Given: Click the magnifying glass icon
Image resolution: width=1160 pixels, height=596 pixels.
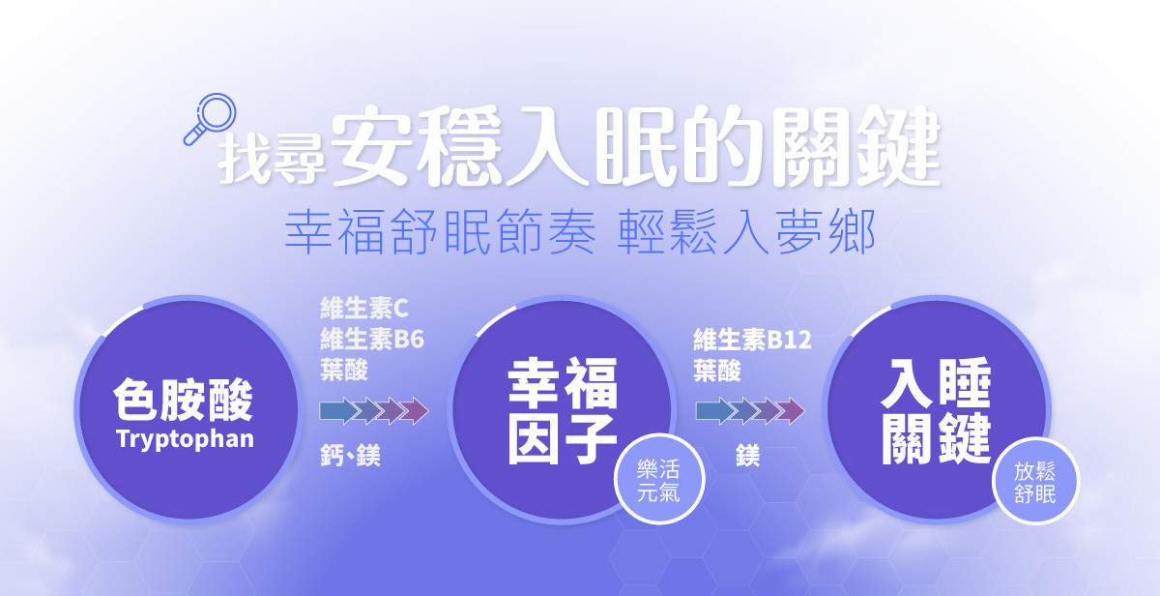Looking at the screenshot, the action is pyautogui.click(x=211, y=119).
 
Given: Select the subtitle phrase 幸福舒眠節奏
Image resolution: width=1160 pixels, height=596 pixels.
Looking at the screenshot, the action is pyautogui.click(x=441, y=231).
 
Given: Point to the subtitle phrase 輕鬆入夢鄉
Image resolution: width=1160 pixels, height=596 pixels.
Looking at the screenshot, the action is pyautogui.click(x=746, y=231).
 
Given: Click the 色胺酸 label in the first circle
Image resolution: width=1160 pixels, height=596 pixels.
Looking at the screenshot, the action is pyautogui.click(x=184, y=401).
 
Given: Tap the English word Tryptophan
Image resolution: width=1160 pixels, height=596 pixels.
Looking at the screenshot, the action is pyautogui.click(x=186, y=439).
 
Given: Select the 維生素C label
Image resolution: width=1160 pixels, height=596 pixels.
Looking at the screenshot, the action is pyautogui.click(x=364, y=309).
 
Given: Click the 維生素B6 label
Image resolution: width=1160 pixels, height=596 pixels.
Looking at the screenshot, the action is pyautogui.click(x=372, y=340).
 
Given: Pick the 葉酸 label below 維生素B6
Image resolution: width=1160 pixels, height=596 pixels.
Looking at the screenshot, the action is pyautogui.click(x=344, y=370).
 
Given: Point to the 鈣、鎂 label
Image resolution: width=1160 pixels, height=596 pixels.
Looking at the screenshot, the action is pyautogui.click(x=350, y=456).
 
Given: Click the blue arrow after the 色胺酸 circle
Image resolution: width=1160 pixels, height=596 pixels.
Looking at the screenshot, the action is pyautogui.click(x=338, y=411).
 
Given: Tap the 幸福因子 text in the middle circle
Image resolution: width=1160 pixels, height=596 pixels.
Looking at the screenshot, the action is pyautogui.click(x=563, y=410).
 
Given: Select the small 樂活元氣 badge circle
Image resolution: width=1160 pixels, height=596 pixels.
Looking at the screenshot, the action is pyautogui.click(x=658, y=479).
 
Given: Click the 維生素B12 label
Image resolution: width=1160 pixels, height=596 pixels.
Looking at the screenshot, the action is pyautogui.click(x=752, y=340).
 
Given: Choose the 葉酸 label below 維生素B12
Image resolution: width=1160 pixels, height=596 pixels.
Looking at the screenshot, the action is pyautogui.click(x=717, y=371).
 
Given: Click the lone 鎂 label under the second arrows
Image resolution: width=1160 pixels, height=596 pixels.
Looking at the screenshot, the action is pyautogui.click(x=748, y=456).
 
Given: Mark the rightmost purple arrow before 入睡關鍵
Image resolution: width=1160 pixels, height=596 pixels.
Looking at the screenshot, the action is pyautogui.click(x=792, y=411).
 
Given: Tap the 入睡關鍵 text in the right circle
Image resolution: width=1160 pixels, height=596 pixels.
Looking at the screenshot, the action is pyautogui.click(x=937, y=410).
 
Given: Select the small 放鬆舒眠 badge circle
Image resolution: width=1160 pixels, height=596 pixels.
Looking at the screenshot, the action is pyautogui.click(x=1035, y=481).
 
